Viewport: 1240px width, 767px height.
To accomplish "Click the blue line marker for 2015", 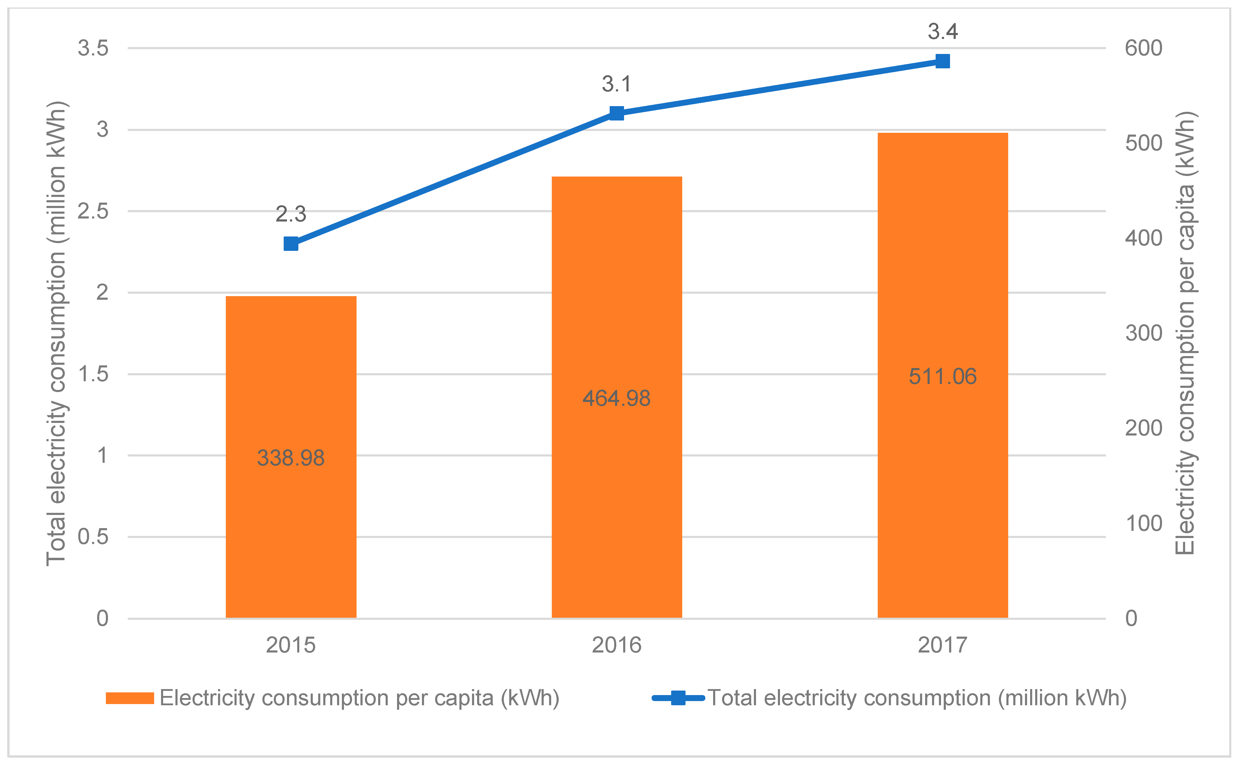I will point(291,244).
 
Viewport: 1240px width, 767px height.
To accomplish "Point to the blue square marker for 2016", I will point(616,113).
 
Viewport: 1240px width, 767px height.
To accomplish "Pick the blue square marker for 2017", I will point(943,61).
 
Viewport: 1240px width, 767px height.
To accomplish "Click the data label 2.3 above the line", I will point(291,214).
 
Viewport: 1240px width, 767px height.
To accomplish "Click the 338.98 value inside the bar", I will point(291,458).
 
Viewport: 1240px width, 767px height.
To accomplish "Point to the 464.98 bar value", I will point(616,398).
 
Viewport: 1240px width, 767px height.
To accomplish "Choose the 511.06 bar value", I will point(943,376).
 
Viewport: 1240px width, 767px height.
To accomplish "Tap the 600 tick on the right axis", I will point(1143,48).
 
